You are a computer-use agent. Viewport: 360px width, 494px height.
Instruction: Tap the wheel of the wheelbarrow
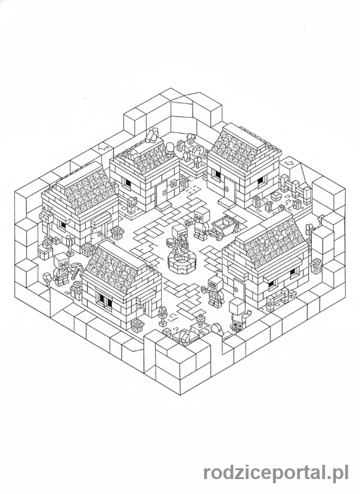click(x=214, y=234)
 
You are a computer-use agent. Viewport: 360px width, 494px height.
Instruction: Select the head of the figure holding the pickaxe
click(x=61, y=260)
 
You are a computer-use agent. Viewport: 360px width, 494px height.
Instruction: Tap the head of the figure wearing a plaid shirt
click(x=216, y=282)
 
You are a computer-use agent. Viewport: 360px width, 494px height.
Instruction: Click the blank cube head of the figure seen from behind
click(x=237, y=305)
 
